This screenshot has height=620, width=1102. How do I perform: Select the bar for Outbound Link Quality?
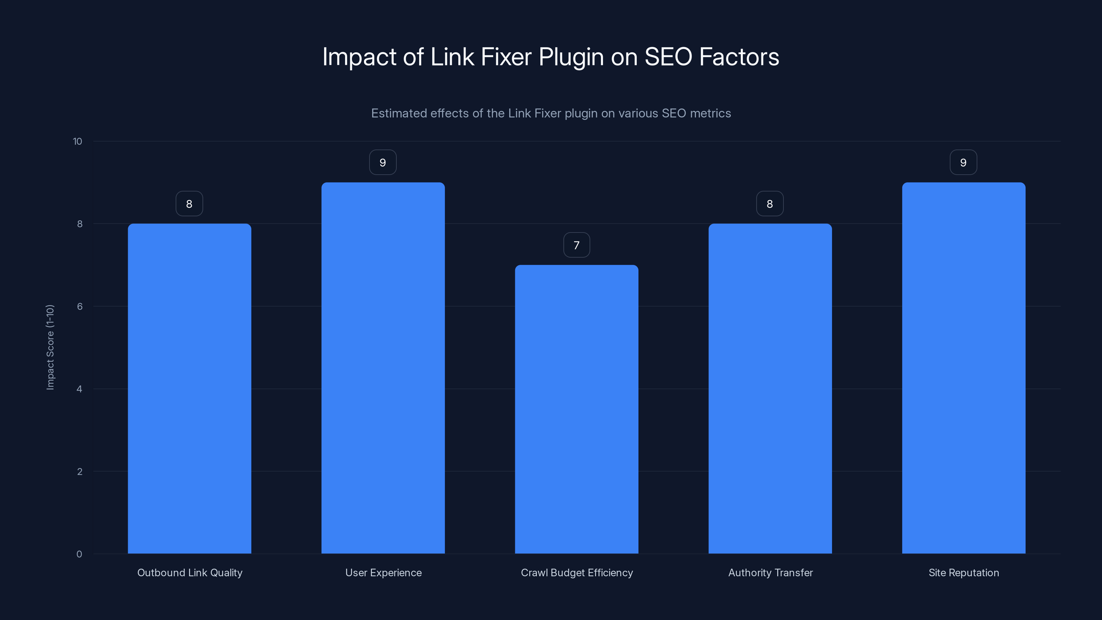[x=189, y=389]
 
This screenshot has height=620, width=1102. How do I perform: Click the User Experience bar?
[x=383, y=368]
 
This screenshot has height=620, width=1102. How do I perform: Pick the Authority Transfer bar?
[x=770, y=389]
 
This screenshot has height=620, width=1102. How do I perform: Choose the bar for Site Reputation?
[x=964, y=368]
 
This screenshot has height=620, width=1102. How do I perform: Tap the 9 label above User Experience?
[x=383, y=163]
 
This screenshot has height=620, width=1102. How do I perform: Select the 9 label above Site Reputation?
[x=964, y=163]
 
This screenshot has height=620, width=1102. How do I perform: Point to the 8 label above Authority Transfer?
[x=770, y=204]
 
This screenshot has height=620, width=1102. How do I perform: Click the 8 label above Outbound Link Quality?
[x=189, y=204]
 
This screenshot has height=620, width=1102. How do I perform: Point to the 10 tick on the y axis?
[x=77, y=142]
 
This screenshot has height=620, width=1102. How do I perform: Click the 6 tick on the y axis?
[x=80, y=306]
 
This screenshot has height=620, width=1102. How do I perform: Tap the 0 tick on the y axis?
[x=79, y=554]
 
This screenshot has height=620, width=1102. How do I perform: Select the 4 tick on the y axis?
[x=80, y=389]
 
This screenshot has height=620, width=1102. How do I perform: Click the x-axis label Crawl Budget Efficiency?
[x=577, y=572]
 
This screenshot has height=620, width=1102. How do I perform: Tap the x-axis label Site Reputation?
[x=964, y=572]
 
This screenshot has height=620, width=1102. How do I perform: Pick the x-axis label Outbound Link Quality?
[x=189, y=572]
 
